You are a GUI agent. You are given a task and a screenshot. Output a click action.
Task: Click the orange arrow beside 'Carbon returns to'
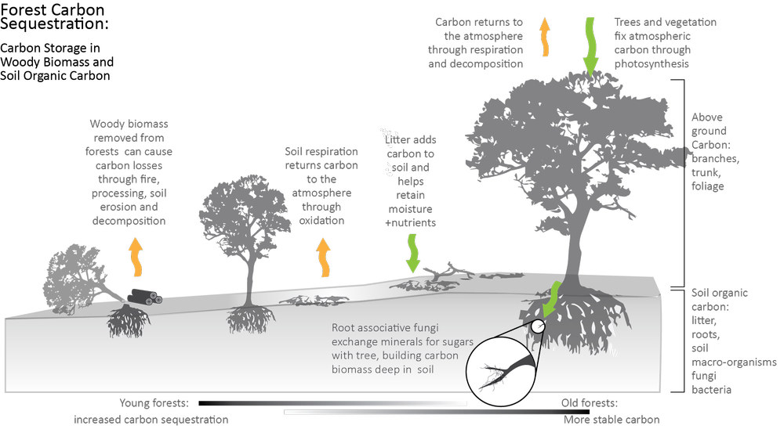pos(545,37)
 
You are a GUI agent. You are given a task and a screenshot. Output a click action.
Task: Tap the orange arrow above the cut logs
pos(136,258)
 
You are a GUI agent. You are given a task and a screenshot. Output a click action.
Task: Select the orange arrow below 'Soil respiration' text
pos(324,258)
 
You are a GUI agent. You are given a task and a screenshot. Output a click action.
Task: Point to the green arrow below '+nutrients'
pos(412,253)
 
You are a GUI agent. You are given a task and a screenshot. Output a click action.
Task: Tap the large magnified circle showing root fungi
pos(501,372)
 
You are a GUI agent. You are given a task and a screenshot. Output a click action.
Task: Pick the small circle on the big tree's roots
pos(538,326)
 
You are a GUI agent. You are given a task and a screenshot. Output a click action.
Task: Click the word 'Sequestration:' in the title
pos(54,23)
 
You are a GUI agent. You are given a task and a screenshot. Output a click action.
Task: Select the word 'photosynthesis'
pos(652,64)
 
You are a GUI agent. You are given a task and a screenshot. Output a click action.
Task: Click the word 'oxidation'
pos(321,220)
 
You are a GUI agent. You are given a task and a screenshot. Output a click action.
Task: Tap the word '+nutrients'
pos(411,223)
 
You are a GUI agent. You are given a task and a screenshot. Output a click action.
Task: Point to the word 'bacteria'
pos(712,390)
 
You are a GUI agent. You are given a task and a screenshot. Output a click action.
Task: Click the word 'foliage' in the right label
pos(707,186)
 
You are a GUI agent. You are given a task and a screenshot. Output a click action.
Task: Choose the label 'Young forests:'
pos(154,403)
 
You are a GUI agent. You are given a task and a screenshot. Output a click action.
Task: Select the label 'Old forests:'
pos(590,403)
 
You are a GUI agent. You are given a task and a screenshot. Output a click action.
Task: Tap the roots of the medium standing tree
pos(249,319)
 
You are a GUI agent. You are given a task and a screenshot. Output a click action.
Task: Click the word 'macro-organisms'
pos(734,362)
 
